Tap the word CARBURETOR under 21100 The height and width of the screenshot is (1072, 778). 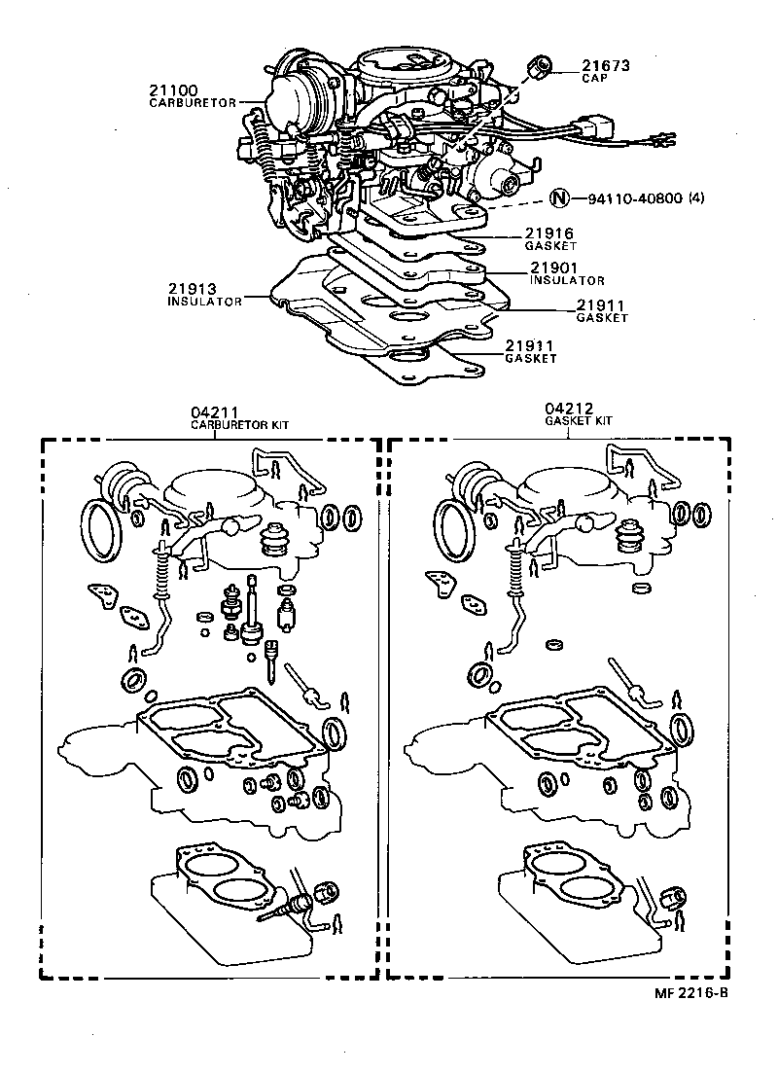click(x=193, y=103)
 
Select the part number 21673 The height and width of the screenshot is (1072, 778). click(x=606, y=66)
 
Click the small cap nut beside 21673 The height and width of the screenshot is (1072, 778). click(x=541, y=68)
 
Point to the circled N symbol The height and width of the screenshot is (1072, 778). click(x=558, y=198)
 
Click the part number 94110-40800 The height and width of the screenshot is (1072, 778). click(x=634, y=198)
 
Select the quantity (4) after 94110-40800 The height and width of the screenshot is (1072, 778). click(x=695, y=198)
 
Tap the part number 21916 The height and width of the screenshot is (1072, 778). click(x=549, y=233)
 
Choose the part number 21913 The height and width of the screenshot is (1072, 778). click(x=194, y=289)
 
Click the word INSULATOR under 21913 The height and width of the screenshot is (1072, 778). click(x=204, y=302)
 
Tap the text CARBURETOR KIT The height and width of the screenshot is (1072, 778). click(x=239, y=425)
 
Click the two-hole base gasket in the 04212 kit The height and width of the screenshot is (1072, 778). click(x=565, y=865)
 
